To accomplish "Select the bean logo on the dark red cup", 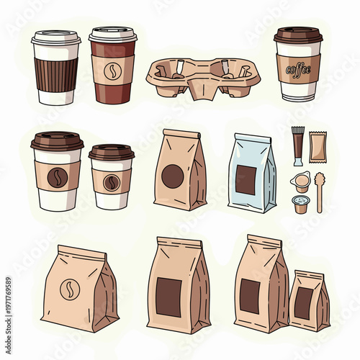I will click(112, 71).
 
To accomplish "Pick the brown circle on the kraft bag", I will click(172, 176).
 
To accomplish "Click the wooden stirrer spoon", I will click(319, 191).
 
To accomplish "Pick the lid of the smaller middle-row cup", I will click(112, 152).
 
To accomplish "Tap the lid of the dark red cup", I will click(113, 35).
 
